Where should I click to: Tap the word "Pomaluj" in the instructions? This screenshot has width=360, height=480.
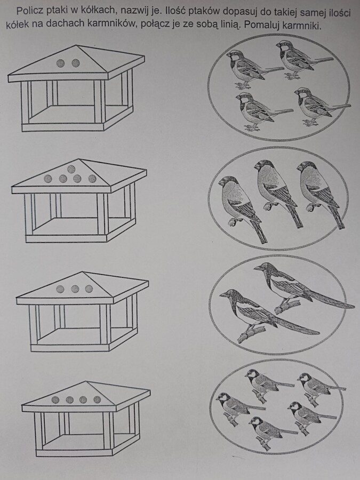click(x=262, y=25)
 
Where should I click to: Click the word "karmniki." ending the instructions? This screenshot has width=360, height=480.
click(x=302, y=25)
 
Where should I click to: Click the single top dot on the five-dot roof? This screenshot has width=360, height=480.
click(x=71, y=169)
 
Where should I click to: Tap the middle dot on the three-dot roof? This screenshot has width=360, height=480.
click(x=75, y=289)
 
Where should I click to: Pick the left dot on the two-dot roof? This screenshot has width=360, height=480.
click(x=61, y=63)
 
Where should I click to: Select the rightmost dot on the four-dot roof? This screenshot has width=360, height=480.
click(x=98, y=399)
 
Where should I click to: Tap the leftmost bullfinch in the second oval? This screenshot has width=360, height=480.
click(x=241, y=208)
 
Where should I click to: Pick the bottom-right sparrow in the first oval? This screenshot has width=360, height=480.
click(x=320, y=106)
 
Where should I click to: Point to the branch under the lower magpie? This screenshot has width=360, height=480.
click(x=252, y=334)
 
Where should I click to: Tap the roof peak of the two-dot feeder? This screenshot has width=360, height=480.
click(x=76, y=46)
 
